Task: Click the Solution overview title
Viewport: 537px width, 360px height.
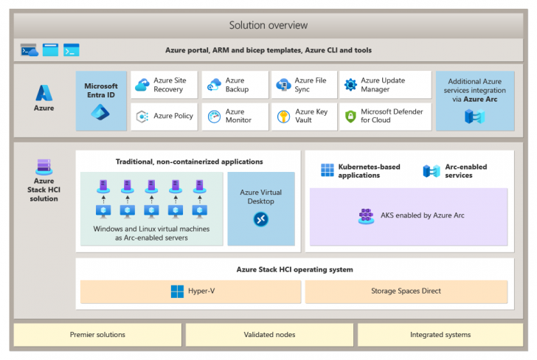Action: (x=268, y=25)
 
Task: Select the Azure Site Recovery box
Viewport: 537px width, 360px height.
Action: (x=164, y=85)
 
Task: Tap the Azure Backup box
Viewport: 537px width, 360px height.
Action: (x=234, y=85)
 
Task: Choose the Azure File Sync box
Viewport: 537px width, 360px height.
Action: (x=304, y=85)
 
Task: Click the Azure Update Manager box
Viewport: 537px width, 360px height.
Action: (x=385, y=85)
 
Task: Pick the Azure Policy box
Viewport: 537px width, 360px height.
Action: (x=164, y=117)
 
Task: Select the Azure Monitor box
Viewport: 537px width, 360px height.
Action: (x=234, y=117)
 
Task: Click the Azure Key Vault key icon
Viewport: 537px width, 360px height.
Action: (x=283, y=117)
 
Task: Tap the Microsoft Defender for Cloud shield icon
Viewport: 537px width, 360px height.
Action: (x=351, y=117)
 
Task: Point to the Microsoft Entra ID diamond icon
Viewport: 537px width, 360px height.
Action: (x=100, y=113)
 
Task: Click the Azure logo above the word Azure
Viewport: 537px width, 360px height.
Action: (x=44, y=92)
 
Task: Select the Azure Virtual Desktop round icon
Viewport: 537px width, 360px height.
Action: (x=260, y=219)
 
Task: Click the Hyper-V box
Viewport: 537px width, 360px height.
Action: (x=190, y=291)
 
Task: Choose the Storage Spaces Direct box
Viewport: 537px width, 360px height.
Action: (x=406, y=291)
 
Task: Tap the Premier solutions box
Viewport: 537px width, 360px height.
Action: (x=97, y=335)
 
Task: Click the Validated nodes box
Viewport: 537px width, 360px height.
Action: (x=268, y=335)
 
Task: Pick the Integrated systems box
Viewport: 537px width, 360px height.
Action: (x=440, y=335)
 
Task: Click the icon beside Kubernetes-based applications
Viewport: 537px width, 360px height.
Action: (x=328, y=171)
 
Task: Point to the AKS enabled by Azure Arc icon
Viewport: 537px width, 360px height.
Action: (x=365, y=215)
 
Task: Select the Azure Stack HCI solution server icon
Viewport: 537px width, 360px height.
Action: (x=44, y=167)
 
